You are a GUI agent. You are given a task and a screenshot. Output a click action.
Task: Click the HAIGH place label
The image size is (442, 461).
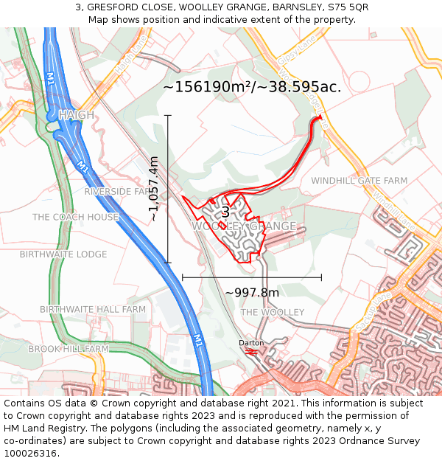pyautogui.click(x=76, y=115)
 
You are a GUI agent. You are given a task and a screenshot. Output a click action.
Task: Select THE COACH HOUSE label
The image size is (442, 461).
pyautogui.click(x=75, y=217)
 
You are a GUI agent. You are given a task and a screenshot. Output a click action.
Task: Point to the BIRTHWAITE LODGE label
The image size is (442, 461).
pyautogui.click(x=63, y=254)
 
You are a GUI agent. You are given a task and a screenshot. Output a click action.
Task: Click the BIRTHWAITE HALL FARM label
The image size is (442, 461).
pyautogui.click(x=93, y=309)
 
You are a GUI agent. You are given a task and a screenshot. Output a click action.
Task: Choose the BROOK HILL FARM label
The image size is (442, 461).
pyautogui.click(x=69, y=348)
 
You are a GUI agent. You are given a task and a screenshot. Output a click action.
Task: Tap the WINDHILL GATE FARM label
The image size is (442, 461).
pyautogui.click(x=359, y=181)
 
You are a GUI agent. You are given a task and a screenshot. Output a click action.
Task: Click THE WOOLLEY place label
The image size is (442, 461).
pyautogui.click(x=273, y=313)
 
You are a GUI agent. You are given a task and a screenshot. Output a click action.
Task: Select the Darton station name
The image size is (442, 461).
pyautogui.click(x=250, y=343)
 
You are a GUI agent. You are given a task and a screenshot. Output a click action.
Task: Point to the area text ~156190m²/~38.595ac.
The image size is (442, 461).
pyautogui.click(x=252, y=87)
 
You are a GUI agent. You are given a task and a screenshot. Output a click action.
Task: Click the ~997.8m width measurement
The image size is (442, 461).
pyautogui.click(x=252, y=293)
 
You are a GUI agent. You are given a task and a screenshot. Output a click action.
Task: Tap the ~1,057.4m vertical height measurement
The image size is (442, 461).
pyautogui.click(x=154, y=189)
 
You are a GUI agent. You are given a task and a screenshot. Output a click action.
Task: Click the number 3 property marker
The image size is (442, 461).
pyautogui.click(x=225, y=212)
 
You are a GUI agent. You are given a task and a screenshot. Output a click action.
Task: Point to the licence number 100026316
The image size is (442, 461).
pyautogui.click(x=32, y=453)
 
